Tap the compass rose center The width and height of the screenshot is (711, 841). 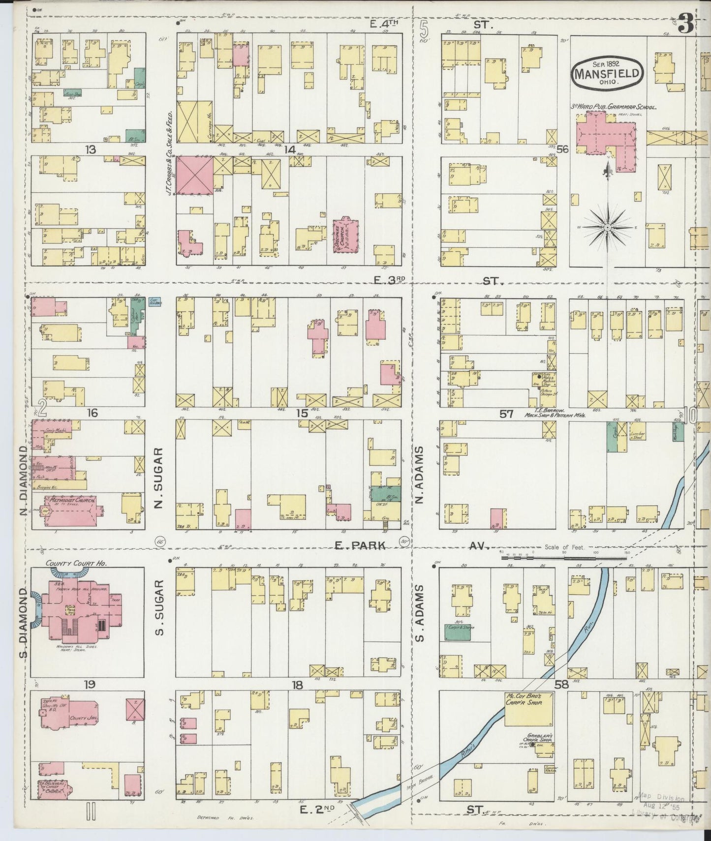tap(607, 228)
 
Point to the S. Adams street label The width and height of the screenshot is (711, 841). tap(419, 613)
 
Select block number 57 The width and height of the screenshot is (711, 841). tap(507, 414)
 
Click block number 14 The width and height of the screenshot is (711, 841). tap(289, 150)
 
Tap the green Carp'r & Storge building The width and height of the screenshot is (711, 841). tap(457, 632)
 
